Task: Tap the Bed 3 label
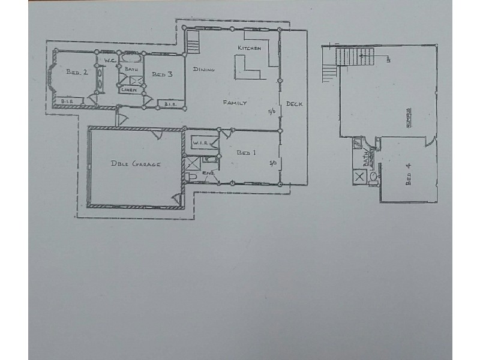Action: [x=162, y=74]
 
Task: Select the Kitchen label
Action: [x=250, y=48]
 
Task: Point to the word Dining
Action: [x=204, y=70]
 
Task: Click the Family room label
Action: [x=235, y=103]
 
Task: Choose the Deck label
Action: [x=294, y=104]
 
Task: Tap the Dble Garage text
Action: [x=135, y=164]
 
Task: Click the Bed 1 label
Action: [x=246, y=153]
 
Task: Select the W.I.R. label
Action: [x=200, y=143]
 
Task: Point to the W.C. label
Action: [x=110, y=61]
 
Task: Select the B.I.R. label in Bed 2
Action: [x=67, y=102]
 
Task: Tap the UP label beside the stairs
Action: [x=389, y=59]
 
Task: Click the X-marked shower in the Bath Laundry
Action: [x=360, y=176]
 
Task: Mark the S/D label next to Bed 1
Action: [x=273, y=162]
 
